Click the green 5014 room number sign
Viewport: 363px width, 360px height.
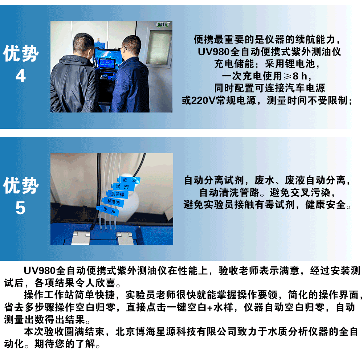tap(163, 24)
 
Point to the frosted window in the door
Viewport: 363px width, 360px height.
tap(159, 48)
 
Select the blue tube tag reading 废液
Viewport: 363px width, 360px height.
tap(129, 180)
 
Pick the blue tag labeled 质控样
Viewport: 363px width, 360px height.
tap(117, 194)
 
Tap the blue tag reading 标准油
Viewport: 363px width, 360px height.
tap(113, 202)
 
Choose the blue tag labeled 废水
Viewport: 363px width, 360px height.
tap(108, 210)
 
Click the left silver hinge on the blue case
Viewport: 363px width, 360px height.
tap(81, 238)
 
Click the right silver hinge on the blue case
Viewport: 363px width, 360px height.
tap(125, 238)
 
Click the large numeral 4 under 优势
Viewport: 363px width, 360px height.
tap(21, 76)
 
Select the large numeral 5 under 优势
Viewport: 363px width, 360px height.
tap(21, 208)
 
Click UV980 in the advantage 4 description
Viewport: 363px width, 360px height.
tap(213, 52)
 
